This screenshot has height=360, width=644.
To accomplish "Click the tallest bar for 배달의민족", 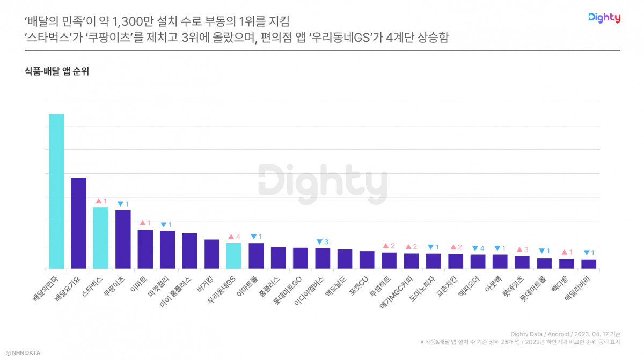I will pos(56,190).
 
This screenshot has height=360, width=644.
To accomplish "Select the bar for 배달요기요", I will pos(78,223).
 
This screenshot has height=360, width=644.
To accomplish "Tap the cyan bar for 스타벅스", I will pos(101,237).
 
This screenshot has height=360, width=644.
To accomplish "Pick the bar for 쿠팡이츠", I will pos(123,239).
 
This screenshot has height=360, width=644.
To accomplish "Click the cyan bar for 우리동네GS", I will pos(233,255).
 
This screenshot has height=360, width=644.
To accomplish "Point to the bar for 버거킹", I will pos(211,254).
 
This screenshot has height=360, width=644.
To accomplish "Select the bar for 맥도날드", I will pos(345,259).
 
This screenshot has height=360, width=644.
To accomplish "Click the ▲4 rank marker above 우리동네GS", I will pos(234,237).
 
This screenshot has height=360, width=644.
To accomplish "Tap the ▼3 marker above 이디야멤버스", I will pos(323,241).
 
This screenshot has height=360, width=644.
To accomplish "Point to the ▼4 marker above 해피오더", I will pos(478,248).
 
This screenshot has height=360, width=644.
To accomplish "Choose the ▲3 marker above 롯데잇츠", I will pos(522,249).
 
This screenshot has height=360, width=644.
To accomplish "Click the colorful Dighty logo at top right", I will pos(604,18).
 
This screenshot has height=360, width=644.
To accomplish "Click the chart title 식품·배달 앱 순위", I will pos(57,71).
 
